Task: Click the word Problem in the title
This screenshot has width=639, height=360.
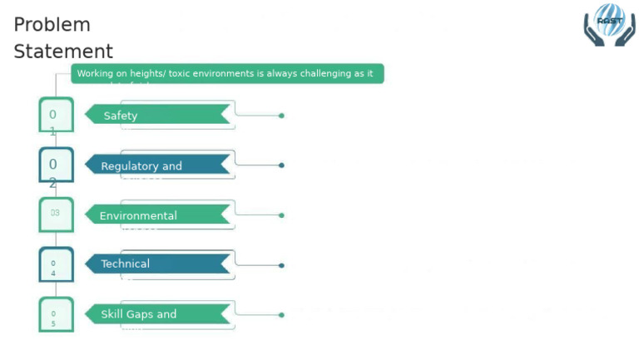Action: point(52,25)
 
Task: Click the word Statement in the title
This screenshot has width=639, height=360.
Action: point(63,52)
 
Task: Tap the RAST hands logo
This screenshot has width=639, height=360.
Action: point(609,24)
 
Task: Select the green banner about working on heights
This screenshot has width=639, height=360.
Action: point(226,74)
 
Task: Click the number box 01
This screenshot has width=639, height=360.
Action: point(55,115)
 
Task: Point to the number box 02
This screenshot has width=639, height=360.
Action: point(55,165)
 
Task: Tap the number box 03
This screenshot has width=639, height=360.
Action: point(55,214)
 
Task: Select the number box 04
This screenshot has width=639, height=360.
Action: point(55,264)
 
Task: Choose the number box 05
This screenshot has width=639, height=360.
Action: point(55,314)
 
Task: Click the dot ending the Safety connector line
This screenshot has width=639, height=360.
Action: point(281,116)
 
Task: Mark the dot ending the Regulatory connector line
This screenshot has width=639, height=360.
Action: point(281,165)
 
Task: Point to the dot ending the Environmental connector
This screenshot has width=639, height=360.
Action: point(281,215)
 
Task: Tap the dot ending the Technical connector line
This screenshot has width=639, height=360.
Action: point(281,265)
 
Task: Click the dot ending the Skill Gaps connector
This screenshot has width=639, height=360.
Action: point(281,315)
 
